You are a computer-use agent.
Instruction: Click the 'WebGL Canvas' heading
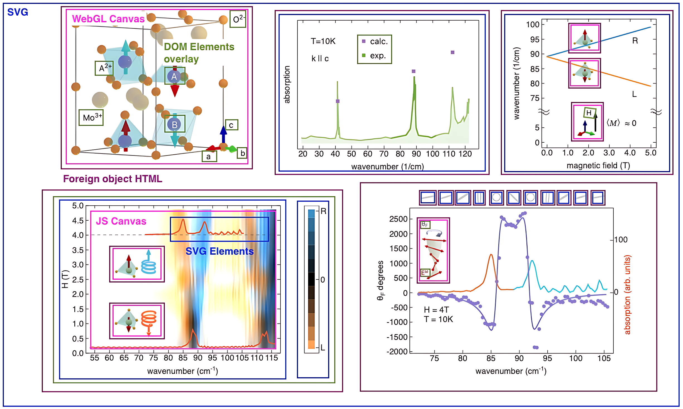pos(108,19)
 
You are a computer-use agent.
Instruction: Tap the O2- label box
pos(238,19)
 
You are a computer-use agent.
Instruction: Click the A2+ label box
pos(104,68)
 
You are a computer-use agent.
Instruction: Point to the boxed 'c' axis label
pos(231,125)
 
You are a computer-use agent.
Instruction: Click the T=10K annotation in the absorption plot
pos(323,41)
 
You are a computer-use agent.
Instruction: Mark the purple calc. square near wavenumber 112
pos(452,52)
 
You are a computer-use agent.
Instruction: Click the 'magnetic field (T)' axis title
pos(598,165)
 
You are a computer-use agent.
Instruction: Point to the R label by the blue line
pos(635,41)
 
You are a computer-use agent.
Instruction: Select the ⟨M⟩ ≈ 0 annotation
pos(621,123)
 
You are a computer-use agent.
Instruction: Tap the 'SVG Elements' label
pos(219,251)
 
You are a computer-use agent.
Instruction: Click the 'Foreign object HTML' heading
pos(113,179)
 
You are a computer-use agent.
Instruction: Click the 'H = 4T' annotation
pos(436,310)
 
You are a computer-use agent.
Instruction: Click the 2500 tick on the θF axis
pos(398,219)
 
